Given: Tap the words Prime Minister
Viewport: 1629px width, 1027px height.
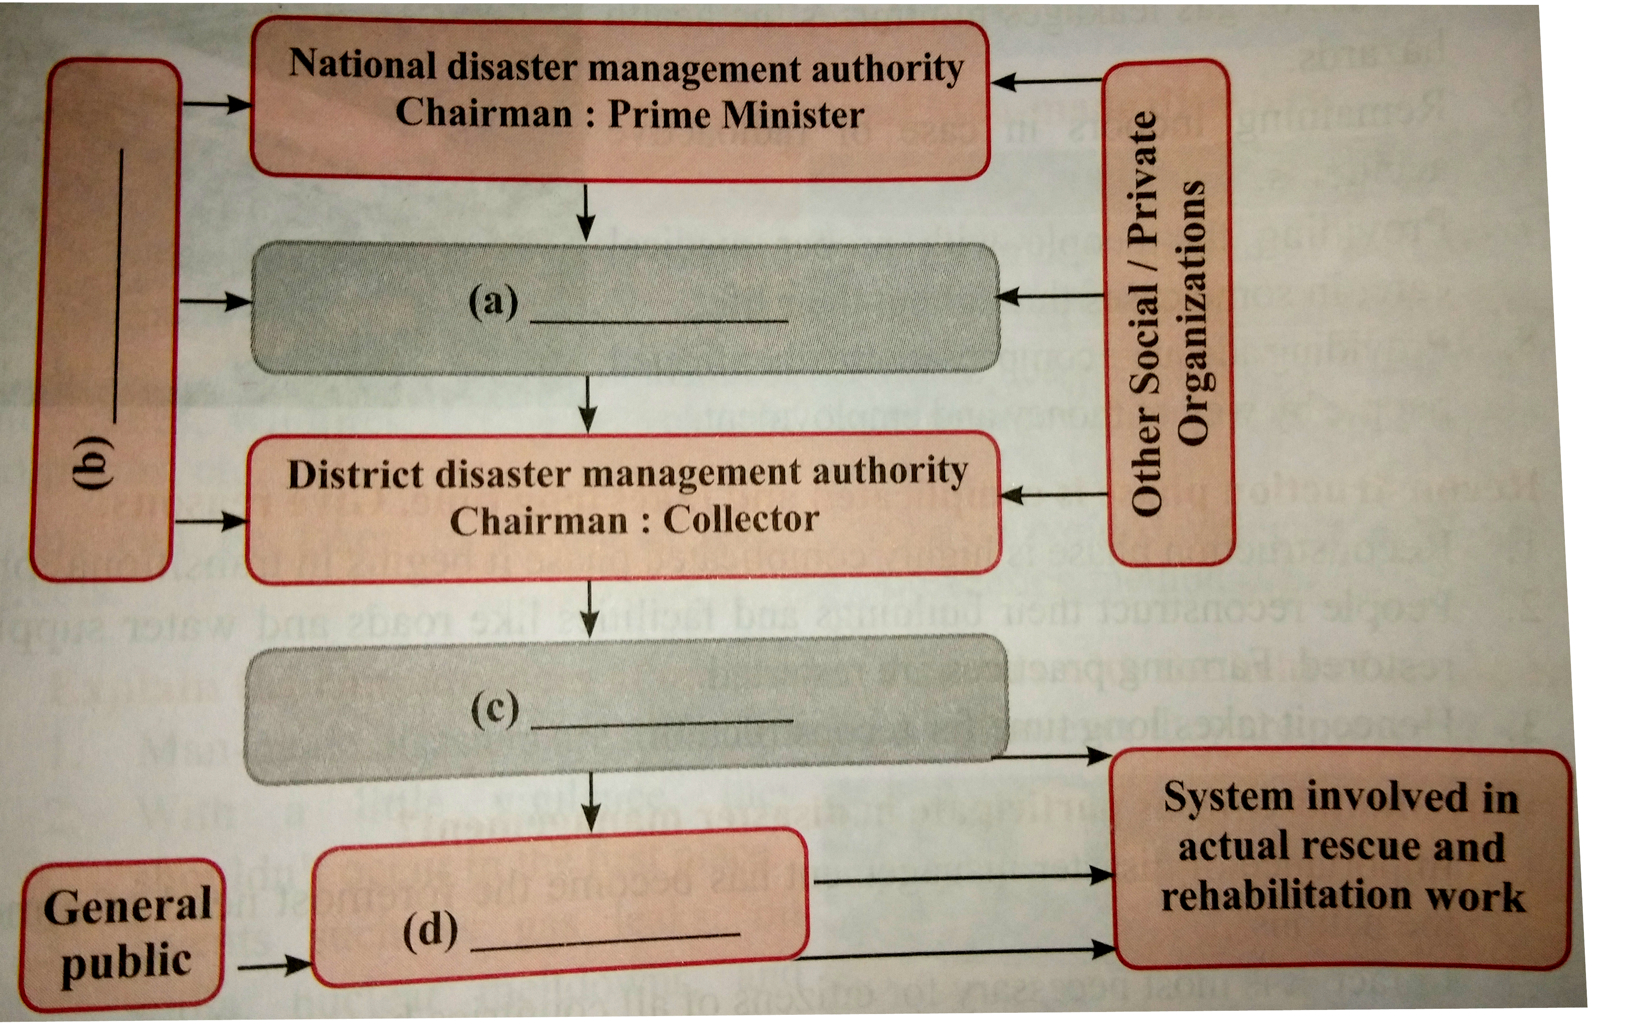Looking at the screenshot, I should point(736,115).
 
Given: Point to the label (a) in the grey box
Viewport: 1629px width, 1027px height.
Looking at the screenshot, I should point(493,301).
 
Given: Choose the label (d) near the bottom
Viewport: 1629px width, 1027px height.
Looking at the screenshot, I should point(430,931).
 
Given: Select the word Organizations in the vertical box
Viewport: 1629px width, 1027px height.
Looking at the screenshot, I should point(1192,312).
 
